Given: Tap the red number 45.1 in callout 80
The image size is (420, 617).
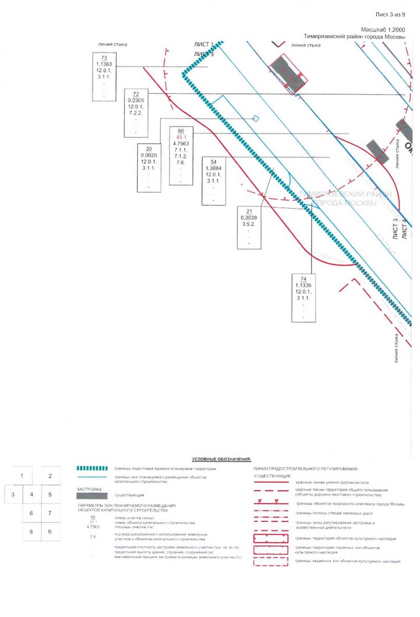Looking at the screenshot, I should click(x=180, y=136).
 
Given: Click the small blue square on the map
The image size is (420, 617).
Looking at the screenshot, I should click(x=256, y=118).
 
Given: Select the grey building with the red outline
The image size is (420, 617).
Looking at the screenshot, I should click(x=288, y=73).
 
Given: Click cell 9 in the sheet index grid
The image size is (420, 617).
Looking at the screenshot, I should click(x=50, y=531).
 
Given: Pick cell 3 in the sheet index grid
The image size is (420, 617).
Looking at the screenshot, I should click(x=13, y=495).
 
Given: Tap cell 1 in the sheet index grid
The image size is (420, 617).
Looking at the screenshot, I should click(x=22, y=476).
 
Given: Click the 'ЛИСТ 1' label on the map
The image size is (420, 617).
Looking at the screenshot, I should click(x=204, y=44).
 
